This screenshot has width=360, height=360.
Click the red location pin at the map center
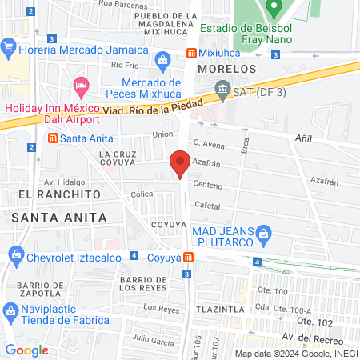coord(180,165)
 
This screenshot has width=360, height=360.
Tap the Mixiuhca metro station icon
coord(192,54)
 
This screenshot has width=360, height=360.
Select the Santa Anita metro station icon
coord(53,138)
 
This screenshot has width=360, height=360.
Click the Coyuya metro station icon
coord(188,258)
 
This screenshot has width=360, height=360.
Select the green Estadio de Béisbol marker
coord(274,10)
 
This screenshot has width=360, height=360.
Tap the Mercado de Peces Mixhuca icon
coord(163,59)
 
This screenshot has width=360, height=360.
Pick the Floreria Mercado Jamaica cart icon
coord(10,46)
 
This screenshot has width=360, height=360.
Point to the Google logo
coord(27,350)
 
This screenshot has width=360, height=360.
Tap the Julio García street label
coord(154,342)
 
